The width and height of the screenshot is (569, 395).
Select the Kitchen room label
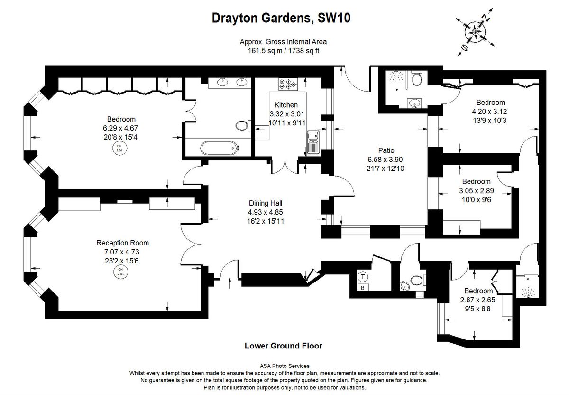click(286, 105)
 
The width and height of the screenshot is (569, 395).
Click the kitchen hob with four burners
click(287, 85)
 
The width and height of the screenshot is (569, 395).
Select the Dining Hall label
click(265, 203)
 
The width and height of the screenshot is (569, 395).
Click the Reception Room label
click(122, 243)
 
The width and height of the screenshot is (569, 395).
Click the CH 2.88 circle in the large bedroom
click(119, 148)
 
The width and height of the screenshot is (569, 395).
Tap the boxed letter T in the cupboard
click(363, 276)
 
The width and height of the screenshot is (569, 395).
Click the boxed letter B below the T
click(363, 288)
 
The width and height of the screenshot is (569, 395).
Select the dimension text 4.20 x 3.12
click(490, 112)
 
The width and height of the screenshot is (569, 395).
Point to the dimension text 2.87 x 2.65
click(478, 300)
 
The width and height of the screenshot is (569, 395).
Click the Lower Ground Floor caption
click(283, 346)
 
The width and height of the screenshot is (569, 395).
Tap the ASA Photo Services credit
click(285, 366)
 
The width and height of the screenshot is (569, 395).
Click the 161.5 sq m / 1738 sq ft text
click(283, 50)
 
